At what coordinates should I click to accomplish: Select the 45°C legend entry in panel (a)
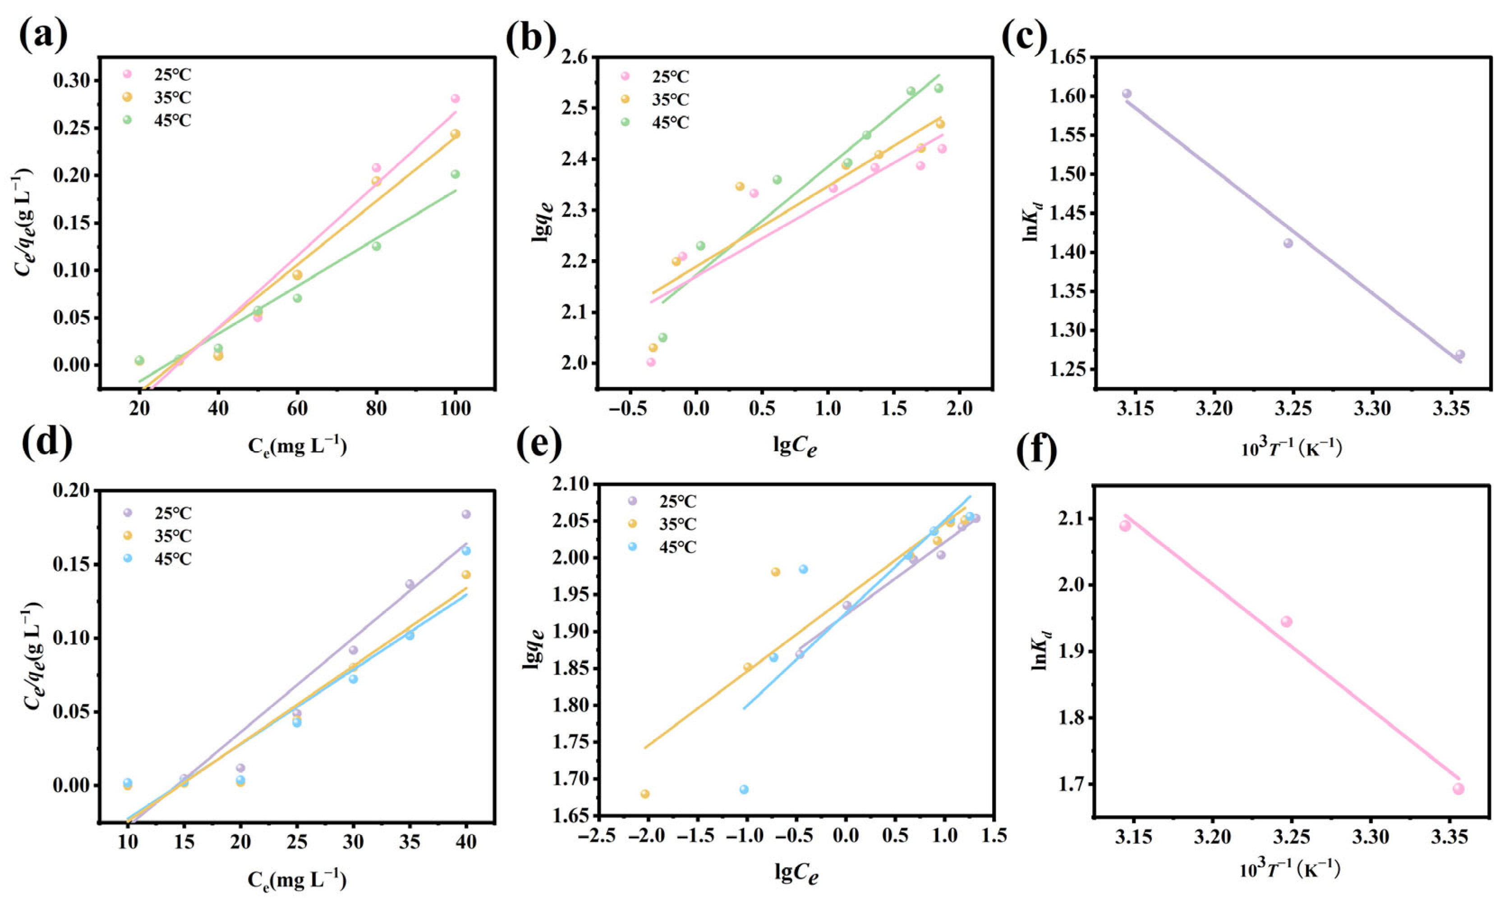click(172, 120)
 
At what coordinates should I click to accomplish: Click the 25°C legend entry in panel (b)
click(670, 77)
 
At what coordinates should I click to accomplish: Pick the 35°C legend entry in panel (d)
click(172, 536)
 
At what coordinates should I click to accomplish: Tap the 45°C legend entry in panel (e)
click(677, 547)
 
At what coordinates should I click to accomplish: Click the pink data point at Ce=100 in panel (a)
click(455, 99)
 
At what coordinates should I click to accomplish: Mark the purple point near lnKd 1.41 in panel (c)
click(1288, 243)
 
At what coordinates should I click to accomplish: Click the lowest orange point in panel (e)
click(644, 793)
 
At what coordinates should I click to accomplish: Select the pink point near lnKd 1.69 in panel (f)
click(1458, 788)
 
